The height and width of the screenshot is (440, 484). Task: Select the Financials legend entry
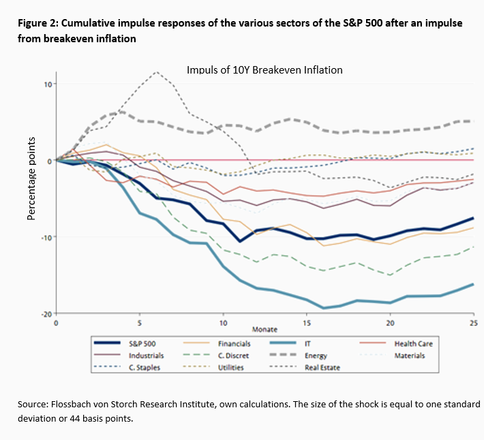(235, 343)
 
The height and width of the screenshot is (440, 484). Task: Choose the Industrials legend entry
(146, 355)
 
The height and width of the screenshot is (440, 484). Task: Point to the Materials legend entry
(411, 355)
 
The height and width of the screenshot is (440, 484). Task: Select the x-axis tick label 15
(307, 323)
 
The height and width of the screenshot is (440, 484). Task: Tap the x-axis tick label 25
(472, 323)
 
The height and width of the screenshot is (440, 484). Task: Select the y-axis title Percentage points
(31, 178)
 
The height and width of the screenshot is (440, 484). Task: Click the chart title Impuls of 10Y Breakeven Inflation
(264, 69)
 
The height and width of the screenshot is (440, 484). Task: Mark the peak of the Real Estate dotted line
(157, 72)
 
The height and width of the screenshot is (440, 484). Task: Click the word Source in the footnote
(33, 405)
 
